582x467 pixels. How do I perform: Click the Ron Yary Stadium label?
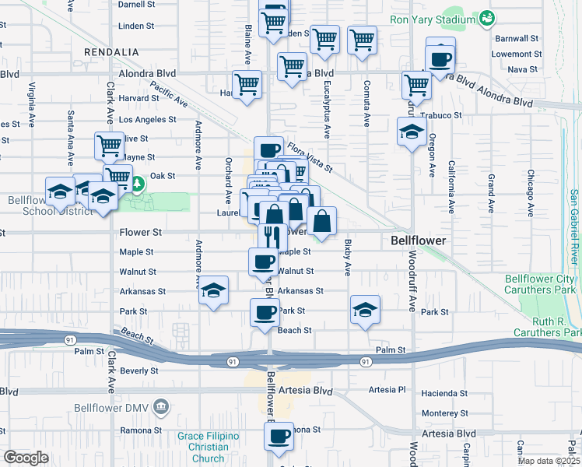coord(433,19)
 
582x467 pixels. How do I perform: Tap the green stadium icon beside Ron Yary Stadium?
coord(487,17)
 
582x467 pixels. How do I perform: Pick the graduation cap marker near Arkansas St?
coord(213,290)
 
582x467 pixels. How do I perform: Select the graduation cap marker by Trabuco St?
coord(412,131)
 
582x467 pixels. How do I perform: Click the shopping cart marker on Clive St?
coord(109,145)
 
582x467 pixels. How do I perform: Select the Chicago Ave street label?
coord(530,191)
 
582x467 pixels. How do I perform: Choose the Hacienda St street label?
coord(444,394)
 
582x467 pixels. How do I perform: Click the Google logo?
coord(26,458)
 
